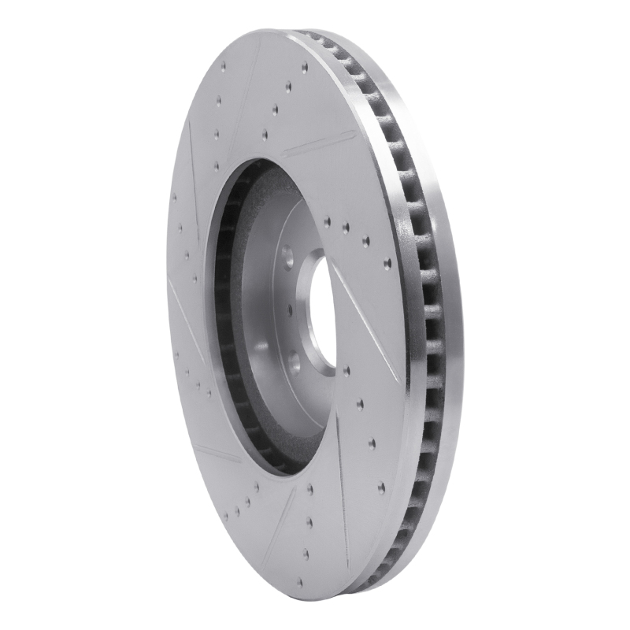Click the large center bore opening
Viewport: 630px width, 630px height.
322,312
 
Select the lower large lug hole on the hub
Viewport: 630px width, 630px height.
294,361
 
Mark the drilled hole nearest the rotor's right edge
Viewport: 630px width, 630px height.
387,264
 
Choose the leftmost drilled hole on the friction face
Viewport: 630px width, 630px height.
174,197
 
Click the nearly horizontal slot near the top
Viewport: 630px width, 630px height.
318,144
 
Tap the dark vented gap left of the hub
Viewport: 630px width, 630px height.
224,315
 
